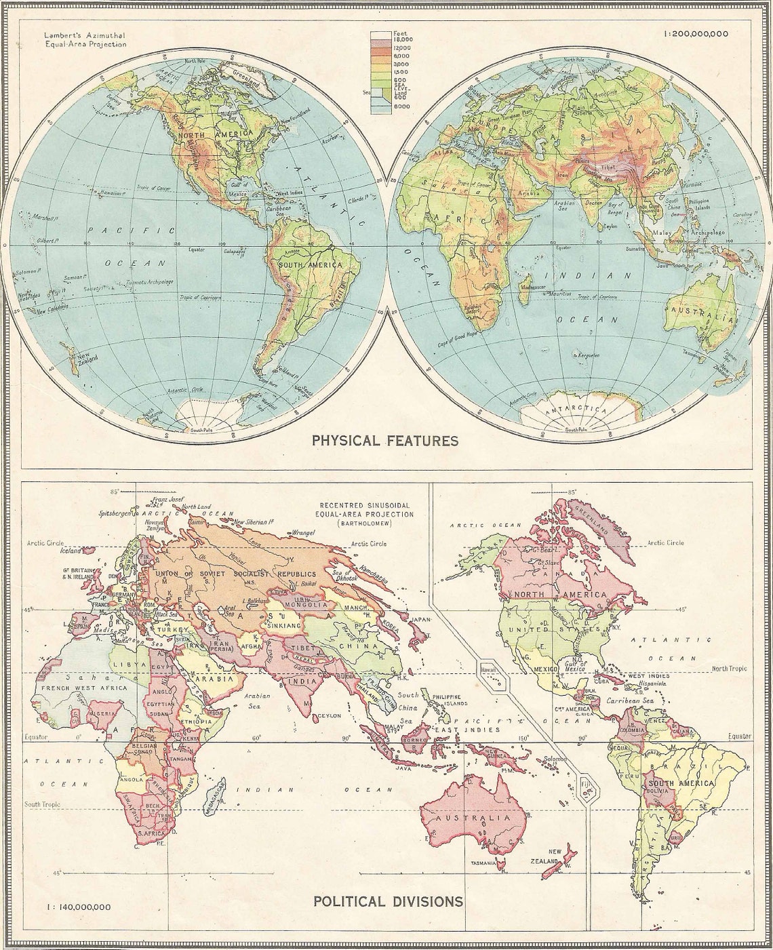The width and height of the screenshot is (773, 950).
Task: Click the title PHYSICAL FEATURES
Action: click(384, 441)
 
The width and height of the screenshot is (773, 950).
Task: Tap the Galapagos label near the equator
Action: click(234, 250)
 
